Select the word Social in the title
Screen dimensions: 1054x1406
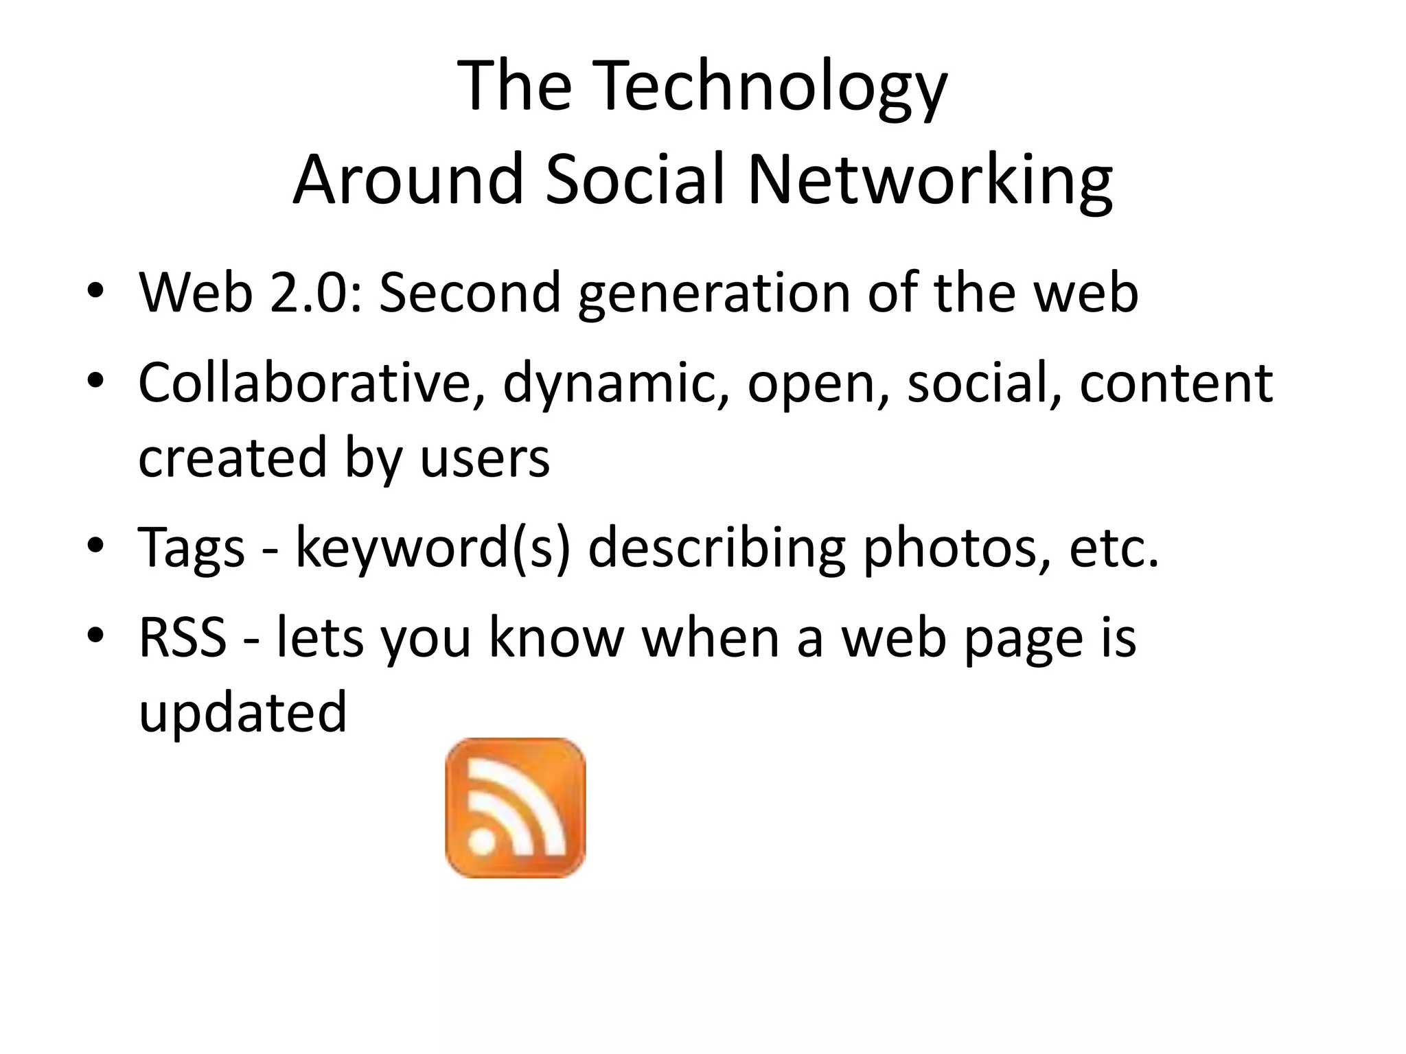tap(635, 180)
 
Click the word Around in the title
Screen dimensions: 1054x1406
tap(408, 180)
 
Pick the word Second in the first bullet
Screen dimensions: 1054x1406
tap(470, 293)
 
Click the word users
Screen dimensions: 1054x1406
tap(485, 458)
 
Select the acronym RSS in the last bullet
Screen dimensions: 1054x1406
tap(183, 637)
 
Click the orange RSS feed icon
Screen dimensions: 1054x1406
tap(515, 808)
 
